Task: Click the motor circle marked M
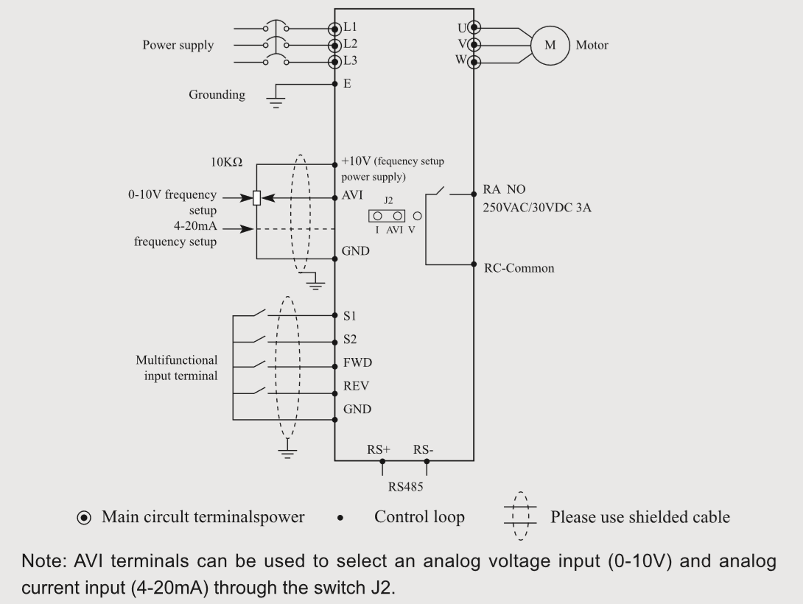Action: (x=550, y=45)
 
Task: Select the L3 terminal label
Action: (x=350, y=61)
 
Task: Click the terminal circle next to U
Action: (x=474, y=28)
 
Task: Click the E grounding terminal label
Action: (x=347, y=84)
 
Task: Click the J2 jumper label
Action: (x=389, y=200)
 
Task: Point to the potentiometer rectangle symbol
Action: (x=256, y=198)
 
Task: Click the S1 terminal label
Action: (x=350, y=315)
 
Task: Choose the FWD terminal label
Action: (x=357, y=363)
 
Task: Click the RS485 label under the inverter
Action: (x=405, y=487)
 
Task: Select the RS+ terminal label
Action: (x=379, y=449)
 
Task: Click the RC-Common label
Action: (x=519, y=268)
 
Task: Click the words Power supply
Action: (x=178, y=46)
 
